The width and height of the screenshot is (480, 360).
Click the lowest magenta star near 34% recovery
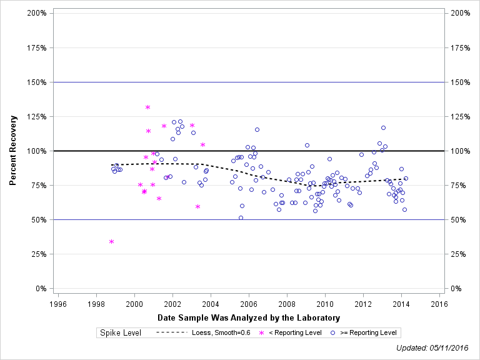pos(112,241)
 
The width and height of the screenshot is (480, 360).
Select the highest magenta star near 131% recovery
pos(148,107)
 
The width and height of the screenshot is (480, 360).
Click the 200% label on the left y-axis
pos(36,13)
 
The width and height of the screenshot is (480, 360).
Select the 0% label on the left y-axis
pos(41,289)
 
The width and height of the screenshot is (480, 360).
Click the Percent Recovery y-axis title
pos(13,151)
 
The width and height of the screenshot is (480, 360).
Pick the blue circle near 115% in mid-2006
pos(257,130)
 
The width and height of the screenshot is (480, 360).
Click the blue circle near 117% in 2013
pos(383,127)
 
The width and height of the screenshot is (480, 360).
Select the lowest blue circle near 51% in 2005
pos(241,217)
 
